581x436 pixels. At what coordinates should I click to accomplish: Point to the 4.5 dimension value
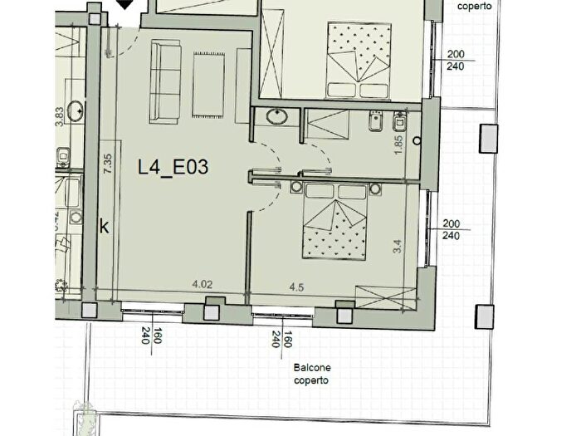(x=295, y=288)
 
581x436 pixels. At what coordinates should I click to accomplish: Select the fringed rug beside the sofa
(x=207, y=85)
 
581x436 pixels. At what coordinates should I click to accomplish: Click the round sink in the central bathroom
(x=276, y=118)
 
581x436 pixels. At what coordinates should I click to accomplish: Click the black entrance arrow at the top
(x=126, y=5)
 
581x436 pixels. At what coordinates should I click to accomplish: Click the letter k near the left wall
(x=104, y=226)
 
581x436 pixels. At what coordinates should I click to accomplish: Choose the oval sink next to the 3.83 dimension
(x=76, y=108)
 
